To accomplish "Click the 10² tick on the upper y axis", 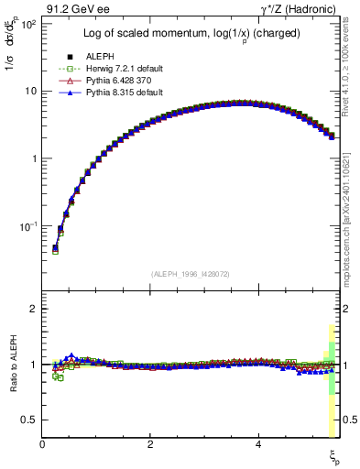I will (x=29, y=24).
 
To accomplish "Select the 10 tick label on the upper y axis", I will (x=31, y=91).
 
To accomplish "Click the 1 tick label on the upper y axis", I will (x=34, y=158).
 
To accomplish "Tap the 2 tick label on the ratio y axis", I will (x=34, y=309).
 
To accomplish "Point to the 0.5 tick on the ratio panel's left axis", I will (x=29, y=420).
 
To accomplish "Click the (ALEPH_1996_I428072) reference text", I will (x=189, y=274).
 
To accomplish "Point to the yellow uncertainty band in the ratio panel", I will (x=332, y=403).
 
